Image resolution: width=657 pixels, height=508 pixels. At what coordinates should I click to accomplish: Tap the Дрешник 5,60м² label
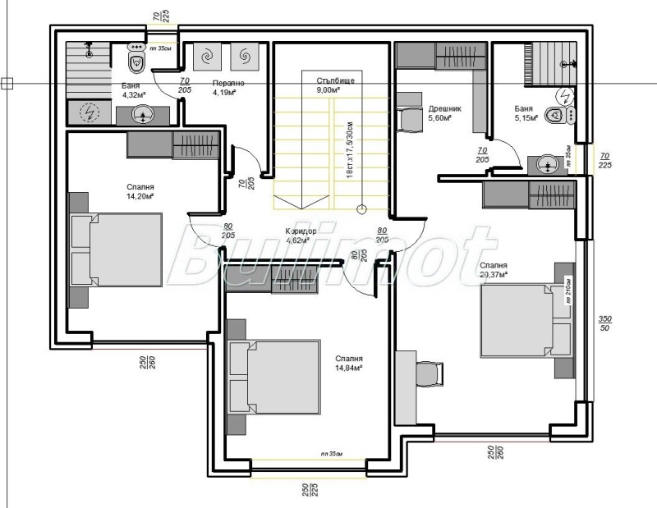(x=445, y=112)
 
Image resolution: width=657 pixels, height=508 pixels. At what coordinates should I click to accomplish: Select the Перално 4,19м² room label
(x=224, y=88)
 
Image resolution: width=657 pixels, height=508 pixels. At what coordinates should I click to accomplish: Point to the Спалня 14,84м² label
(x=349, y=364)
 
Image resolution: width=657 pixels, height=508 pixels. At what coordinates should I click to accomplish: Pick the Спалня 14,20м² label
(x=140, y=191)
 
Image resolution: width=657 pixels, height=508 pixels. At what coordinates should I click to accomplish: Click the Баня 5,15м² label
(x=526, y=112)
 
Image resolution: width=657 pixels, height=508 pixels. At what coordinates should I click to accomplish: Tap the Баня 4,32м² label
(x=131, y=89)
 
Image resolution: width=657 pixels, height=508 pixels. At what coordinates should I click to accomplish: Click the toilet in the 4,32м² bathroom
(x=137, y=59)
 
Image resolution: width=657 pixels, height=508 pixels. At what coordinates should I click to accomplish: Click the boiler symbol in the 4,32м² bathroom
(x=90, y=112)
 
